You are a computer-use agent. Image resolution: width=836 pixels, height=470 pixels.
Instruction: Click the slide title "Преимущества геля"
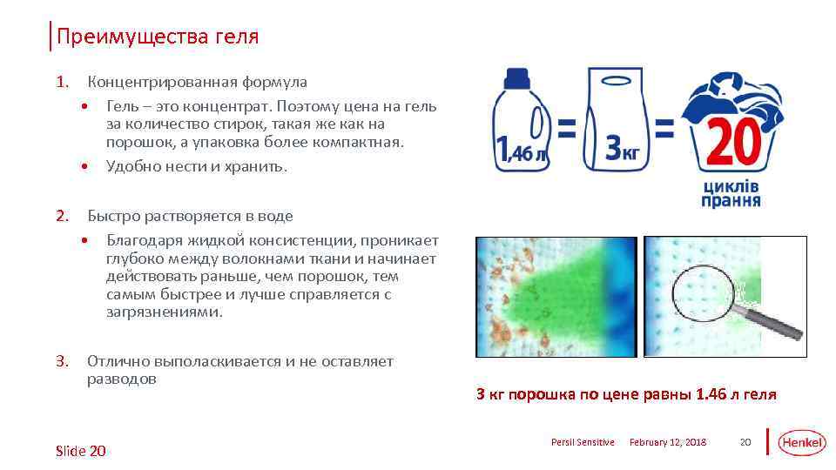coord(157,37)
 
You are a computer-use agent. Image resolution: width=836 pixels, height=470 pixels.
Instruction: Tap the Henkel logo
coord(801,442)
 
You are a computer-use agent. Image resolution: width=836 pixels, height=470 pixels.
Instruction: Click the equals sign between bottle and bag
coord(566,131)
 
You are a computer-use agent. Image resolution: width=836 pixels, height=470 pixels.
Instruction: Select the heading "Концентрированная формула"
coord(197,82)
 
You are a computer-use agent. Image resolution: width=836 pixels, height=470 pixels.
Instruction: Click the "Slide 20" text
coord(80,450)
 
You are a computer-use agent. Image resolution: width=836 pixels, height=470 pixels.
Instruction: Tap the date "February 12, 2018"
coord(668,443)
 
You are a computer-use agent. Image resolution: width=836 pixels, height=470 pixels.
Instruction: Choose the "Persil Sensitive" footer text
coord(583,443)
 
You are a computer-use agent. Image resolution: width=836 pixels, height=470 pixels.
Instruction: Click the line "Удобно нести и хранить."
coord(196,165)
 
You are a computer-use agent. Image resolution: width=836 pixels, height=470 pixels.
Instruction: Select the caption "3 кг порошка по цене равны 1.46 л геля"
coord(626,394)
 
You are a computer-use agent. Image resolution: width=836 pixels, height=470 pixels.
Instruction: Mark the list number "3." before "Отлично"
coord(61,360)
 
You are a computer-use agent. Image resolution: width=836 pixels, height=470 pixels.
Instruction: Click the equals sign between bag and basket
coord(664,131)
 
